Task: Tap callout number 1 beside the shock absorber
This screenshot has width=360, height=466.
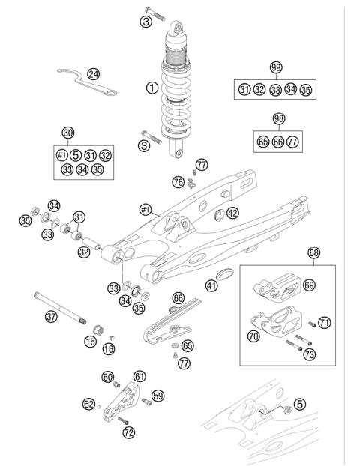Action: pos(151,88)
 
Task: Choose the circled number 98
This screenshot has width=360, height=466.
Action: pos(279,119)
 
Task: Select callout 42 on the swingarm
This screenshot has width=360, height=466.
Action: pos(232,213)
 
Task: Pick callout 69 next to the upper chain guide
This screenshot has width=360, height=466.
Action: pos(309,285)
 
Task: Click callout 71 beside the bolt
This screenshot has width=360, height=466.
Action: pos(324,323)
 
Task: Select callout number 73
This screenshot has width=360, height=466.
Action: pos(309,354)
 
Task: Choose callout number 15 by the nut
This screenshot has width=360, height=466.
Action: pos(89,342)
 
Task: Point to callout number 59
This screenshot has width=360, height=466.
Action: pos(158,395)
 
